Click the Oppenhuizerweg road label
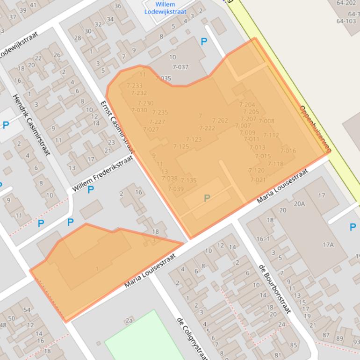(x=315, y=129)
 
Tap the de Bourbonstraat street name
(x=275, y=288)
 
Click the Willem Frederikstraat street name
(x=103, y=174)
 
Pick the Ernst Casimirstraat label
(x=117, y=127)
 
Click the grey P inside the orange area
(x=207, y=199)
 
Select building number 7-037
(x=180, y=67)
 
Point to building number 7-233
(x=134, y=86)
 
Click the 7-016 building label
(x=288, y=151)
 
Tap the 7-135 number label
(x=188, y=180)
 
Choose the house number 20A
(x=299, y=203)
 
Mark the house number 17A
(x=328, y=245)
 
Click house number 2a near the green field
(x=129, y=320)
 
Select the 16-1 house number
(x=263, y=239)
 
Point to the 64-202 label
(x=346, y=3)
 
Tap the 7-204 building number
(x=247, y=105)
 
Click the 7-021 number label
(x=258, y=180)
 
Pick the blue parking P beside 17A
(x=353, y=227)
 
